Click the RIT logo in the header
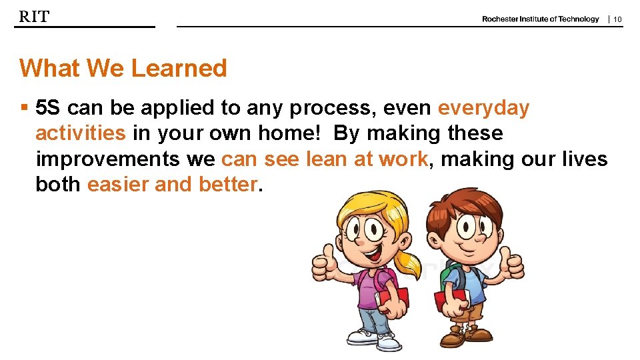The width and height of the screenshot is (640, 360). [34, 17]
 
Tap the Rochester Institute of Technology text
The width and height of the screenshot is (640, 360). [540, 19]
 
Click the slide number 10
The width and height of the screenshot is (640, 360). [617, 19]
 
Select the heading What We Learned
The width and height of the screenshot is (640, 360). [123, 68]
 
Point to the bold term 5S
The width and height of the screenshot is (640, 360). [48, 107]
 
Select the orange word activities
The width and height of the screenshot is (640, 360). [80, 133]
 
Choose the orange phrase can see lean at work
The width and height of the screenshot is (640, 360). [324, 159]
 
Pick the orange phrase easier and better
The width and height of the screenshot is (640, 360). [171, 185]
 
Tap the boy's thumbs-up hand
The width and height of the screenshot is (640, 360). [513, 264]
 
